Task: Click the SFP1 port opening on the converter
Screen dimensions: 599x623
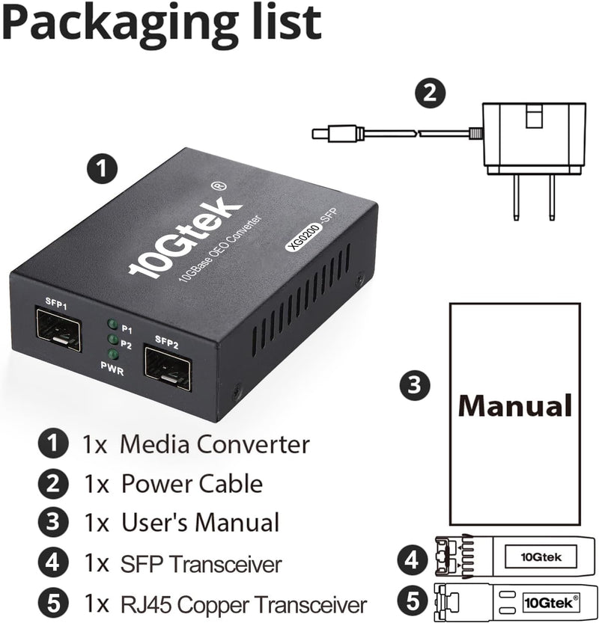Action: [x=58, y=330]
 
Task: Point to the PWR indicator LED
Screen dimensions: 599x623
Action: [x=113, y=355]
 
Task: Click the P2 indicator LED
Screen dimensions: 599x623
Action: [x=113, y=340]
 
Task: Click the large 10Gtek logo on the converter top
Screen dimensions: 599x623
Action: [x=185, y=234]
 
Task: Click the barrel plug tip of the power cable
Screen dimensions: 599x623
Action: [x=320, y=133]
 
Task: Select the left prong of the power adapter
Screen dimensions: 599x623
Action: [x=516, y=197]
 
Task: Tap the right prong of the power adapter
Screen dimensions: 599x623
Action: [x=552, y=197]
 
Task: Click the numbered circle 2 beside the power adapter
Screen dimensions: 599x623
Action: [x=430, y=93]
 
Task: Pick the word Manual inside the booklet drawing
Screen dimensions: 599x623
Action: [x=515, y=405]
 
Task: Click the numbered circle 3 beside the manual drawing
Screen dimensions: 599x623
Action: [x=415, y=384]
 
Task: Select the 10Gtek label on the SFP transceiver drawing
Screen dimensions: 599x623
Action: [x=541, y=557]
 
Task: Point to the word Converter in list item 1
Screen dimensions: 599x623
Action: [x=253, y=444]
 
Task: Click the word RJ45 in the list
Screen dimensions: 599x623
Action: [x=146, y=605]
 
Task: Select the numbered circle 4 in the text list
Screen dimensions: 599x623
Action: [x=53, y=562]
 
